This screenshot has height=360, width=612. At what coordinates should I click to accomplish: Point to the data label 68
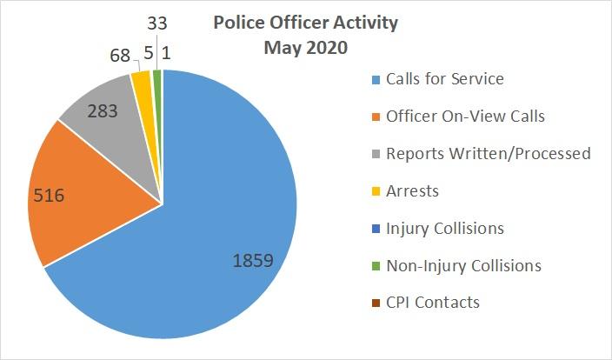121,56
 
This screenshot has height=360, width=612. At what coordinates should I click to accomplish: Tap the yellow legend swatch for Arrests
375,191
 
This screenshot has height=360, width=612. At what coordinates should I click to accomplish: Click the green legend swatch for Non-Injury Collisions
375,266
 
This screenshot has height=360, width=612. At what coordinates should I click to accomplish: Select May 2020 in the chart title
305,48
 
